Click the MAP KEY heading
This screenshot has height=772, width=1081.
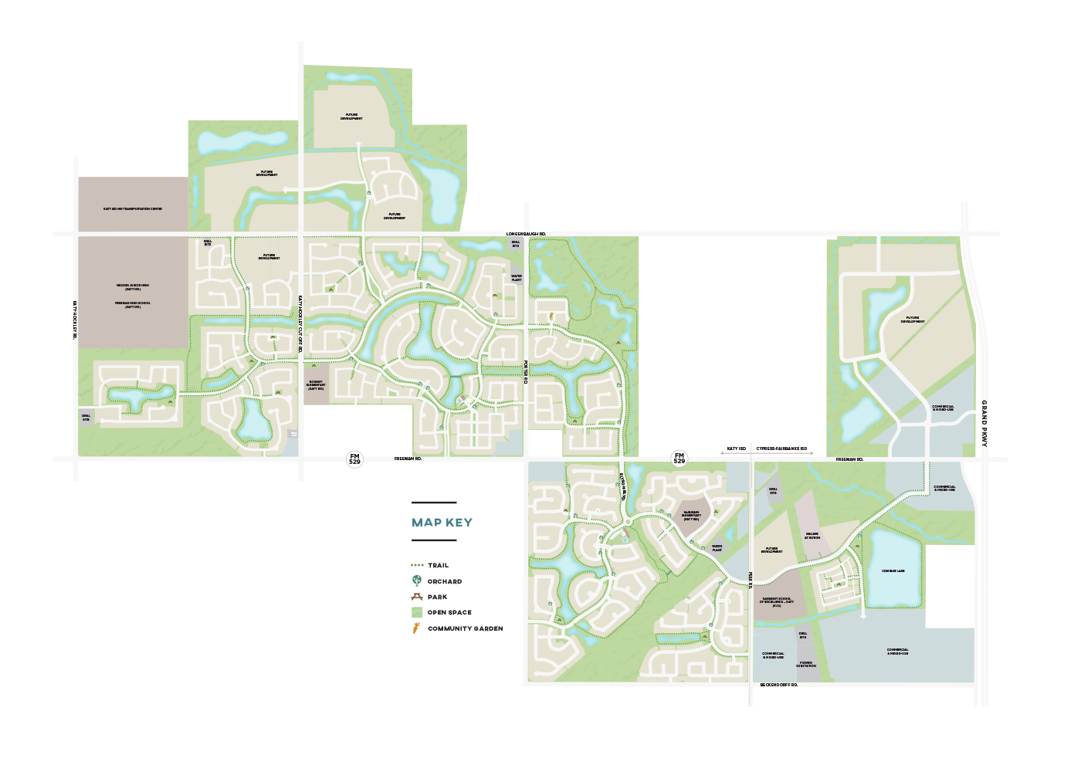click(x=442, y=523)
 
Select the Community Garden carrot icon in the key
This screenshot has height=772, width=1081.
click(x=416, y=628)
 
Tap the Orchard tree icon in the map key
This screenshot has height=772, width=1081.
click(x=417, y=581)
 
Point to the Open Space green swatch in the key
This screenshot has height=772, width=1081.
click(x=417, y=612)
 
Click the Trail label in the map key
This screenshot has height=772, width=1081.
click(x=438, y=565)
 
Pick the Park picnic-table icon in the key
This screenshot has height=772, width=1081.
click(x=417, y=597)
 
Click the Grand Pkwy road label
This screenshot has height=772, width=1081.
click(x=984, y=423)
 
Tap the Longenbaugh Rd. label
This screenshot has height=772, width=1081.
click(x=526, y=233)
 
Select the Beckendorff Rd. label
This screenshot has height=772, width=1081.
click(x=778, y=685)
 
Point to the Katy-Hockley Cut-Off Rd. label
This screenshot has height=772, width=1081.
click(x=300, y=323)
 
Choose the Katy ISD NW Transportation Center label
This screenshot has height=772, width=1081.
click(x=133, y=208)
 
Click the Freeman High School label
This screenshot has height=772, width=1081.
click(x=133, y=304)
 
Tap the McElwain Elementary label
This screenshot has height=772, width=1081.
click(x=691, y=516)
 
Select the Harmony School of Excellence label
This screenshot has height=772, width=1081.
click(x=776, y=602)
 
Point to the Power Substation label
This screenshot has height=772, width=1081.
click(x=806, y=664)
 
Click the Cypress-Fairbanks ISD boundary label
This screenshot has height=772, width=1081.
click(x=781, y=449)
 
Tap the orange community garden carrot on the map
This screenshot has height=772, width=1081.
click(x=551, y=316)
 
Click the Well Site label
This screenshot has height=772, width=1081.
click(x=208, y=242)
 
